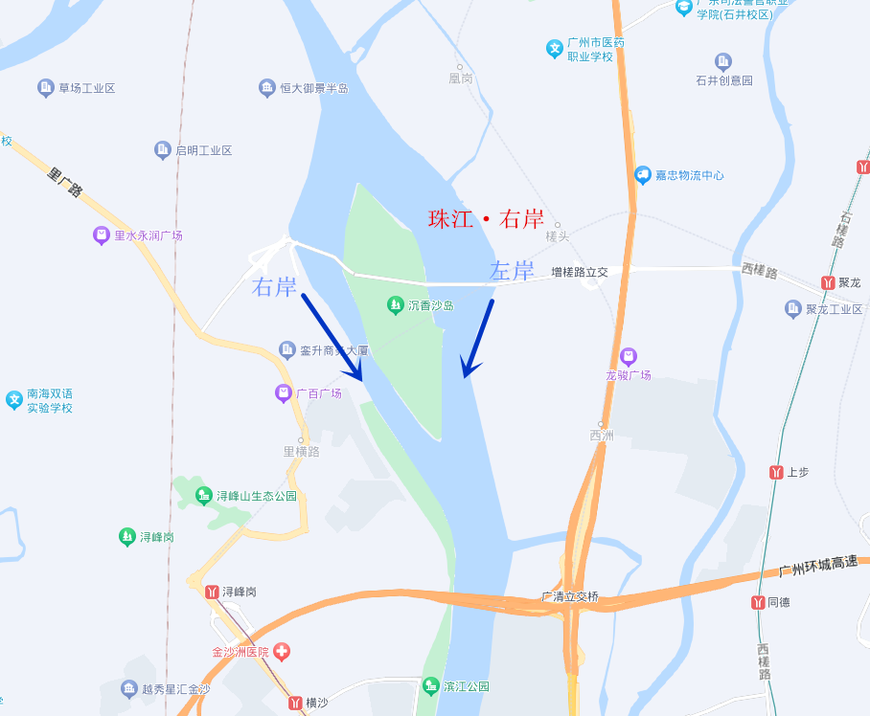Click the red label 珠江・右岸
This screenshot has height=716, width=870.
[486, 219]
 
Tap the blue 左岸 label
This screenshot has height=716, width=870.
[512, 272]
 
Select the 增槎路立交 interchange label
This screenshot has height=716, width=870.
[580, 272]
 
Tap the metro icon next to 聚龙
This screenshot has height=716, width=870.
[828, 282]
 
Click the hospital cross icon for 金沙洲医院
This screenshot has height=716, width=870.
[282, 652]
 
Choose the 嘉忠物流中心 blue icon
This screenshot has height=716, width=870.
[643, 175]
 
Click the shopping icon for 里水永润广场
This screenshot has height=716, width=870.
[101, 235]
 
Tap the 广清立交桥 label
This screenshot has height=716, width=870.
[570, 596]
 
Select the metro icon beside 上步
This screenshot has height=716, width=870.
[776, 472]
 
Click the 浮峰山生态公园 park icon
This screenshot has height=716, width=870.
[203, 496]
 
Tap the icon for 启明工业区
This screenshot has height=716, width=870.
[162, 150]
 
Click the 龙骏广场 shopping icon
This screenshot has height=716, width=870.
[629, 356]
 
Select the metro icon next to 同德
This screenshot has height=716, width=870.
[757, 602]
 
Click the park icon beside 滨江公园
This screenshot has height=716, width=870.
[430, 686]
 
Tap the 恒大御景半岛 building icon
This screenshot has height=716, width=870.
[266, 88]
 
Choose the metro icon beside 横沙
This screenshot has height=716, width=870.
[295, 703]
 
